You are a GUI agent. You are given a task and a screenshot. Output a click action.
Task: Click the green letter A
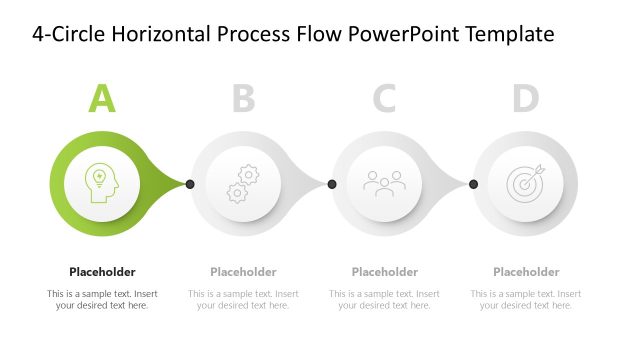[102, 98]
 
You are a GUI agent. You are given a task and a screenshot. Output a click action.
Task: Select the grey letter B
[243, 98]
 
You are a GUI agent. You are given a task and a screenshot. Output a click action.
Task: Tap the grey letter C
[384, 98]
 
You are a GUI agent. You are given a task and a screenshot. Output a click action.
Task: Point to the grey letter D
[526, 98]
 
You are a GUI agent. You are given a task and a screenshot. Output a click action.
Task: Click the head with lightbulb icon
[101, 183]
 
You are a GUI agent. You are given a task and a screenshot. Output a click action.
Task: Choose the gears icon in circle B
[243, 184]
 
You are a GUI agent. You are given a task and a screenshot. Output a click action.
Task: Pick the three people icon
[384, 184]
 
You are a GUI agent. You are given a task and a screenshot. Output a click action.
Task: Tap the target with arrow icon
[526, 183]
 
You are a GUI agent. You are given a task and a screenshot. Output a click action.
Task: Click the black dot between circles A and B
[190, 184]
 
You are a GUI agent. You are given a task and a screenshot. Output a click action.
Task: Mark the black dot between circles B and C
[332, 184]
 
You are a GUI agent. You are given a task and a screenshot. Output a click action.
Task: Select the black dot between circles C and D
[473, 184]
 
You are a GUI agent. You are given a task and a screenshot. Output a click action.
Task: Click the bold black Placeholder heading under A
[102, 271]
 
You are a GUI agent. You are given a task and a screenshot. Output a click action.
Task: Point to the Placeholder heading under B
[243, 271]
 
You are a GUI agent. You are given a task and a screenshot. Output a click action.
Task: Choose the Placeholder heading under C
[385, 271]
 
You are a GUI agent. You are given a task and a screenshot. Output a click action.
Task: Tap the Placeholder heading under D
[526, 271]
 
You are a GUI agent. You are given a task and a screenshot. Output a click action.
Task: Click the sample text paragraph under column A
[102, 299]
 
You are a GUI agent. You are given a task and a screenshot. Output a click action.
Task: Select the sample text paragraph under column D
[526, 299]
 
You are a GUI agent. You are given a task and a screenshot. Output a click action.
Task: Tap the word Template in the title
[512, 35]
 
